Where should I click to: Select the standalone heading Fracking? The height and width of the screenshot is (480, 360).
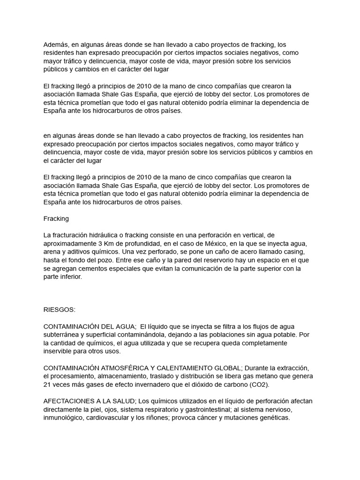tap(56, 218)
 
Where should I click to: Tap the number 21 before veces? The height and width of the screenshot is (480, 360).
tap(47, 385)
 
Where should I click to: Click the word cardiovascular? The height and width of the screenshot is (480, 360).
tap(113, 418)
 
